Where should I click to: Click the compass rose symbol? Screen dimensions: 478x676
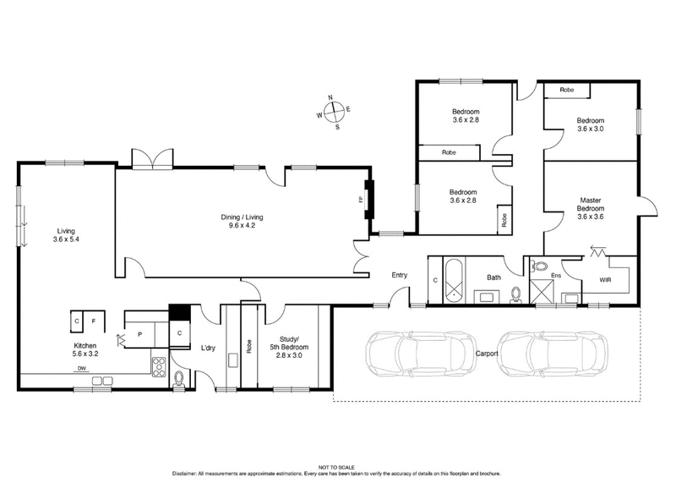335,113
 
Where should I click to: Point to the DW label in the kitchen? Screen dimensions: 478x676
81,369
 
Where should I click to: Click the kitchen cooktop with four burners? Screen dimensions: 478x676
158,365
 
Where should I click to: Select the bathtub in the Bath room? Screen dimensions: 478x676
453,280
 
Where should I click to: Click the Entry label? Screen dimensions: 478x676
400,275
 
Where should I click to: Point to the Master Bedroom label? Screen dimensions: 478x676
591,208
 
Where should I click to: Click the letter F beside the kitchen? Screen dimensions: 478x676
94,321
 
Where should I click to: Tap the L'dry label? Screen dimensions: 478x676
208,346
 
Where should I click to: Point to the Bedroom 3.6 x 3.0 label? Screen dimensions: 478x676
591,124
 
